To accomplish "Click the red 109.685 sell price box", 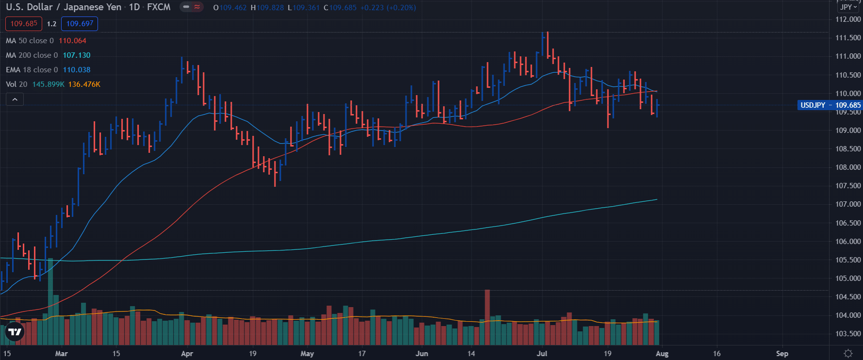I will (24, 24).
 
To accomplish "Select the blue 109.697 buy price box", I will (80, 24).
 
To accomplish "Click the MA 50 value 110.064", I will (72, 41).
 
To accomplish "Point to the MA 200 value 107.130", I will (76, 55).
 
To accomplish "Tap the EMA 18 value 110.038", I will (76, 70).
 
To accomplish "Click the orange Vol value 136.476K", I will (84, 84).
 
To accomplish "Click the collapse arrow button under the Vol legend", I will (15, 99).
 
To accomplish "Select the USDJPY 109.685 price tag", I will (830, 105).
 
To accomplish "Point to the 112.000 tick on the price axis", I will (847, 19).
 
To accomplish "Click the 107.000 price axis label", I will (847, 204).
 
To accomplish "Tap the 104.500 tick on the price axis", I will (847, 297).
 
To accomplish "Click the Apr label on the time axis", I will (187, 354).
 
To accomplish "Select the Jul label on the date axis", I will (542, 354).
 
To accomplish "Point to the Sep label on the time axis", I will (782, 354).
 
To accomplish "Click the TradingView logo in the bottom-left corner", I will (15, 332).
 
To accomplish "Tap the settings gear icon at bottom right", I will (848, 353).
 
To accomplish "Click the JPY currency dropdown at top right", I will (848, 7).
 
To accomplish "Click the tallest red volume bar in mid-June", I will (487, 315).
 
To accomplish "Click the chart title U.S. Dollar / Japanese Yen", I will (63, 7).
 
